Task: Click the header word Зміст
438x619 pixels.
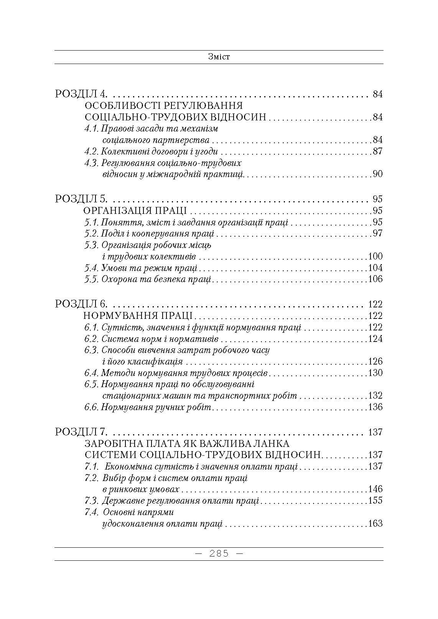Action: (219, 57)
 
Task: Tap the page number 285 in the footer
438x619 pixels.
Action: (219, 554)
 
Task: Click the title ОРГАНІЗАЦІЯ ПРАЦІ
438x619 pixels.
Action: (135, 211)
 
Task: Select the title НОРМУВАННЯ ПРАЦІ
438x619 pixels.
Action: (138, 316)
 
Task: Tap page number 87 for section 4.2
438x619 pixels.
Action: (377, 151)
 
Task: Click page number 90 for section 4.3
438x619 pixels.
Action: (377, 174)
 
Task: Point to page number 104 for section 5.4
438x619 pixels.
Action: (375, 268)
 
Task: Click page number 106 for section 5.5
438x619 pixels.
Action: (375, 279)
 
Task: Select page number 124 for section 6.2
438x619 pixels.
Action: (375, 339)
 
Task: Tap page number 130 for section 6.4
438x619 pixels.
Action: (375, 373)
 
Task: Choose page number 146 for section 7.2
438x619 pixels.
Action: (375, 489)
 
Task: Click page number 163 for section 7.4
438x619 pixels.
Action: (375, 524)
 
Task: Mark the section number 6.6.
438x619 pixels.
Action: (92, 407)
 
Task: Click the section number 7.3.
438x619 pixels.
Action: (92, 501)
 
